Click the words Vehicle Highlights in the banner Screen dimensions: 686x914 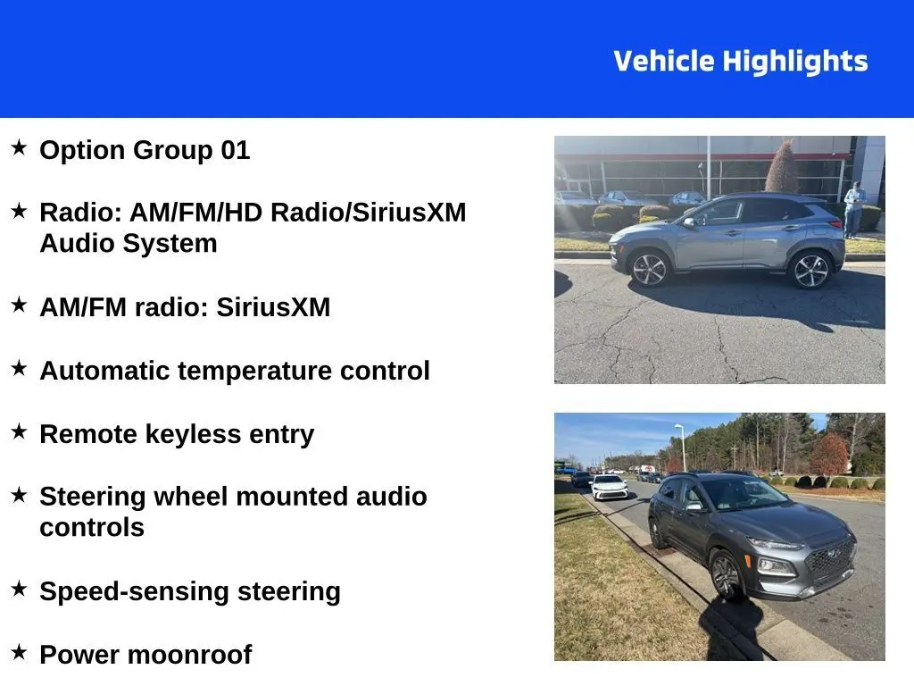coord(740,62)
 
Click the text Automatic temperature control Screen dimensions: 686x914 coord(234,371)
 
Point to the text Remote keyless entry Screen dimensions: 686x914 coord(177,434)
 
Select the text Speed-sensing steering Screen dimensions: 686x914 coord(189,591)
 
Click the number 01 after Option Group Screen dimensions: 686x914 coord(235,150)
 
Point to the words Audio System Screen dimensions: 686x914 coord(128,243)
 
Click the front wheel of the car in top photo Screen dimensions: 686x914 coord(651,268)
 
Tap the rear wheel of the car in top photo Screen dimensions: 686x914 coord(810,271)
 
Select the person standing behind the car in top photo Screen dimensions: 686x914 coord(854,209)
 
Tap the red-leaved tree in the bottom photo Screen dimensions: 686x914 coord(828,454)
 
